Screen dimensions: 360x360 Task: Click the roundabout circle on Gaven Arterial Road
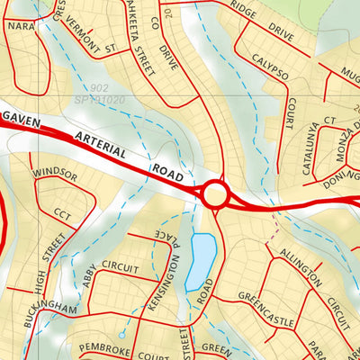pos(215,193)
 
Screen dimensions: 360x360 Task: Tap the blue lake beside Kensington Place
pos(202,261)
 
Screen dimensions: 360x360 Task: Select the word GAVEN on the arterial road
pos(24,118)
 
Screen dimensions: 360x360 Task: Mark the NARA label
pos(20,26)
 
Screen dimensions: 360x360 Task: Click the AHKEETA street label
pos(131,27)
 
